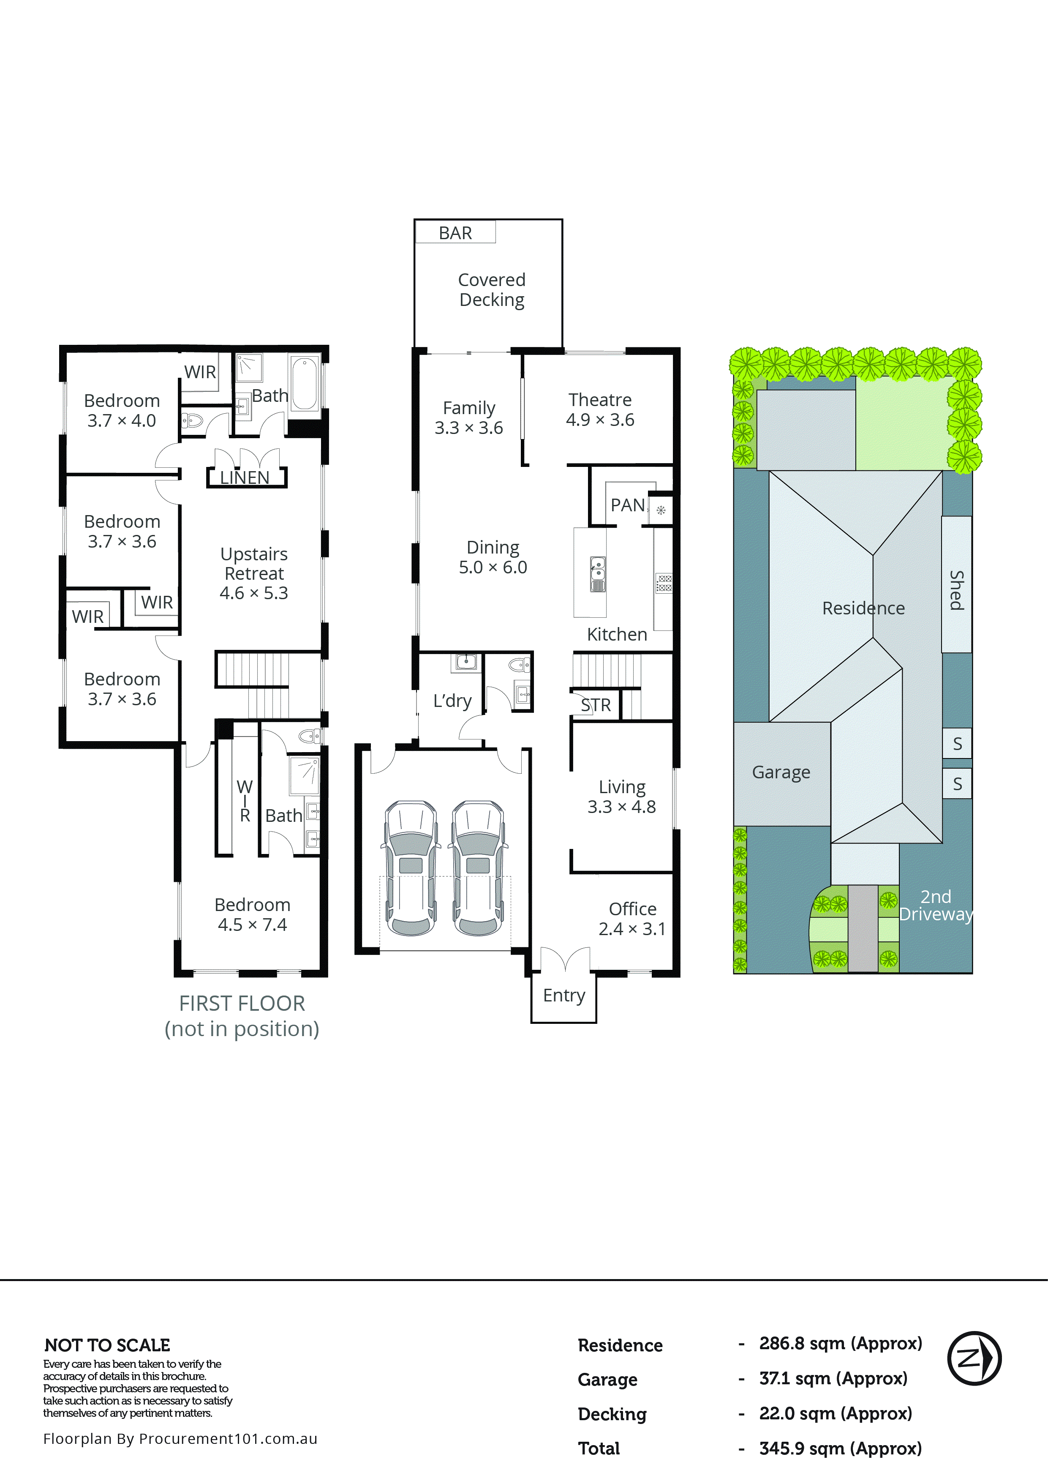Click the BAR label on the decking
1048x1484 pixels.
[x=455, y=233]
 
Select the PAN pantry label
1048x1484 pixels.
[x=627, y=505]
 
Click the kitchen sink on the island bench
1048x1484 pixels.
[x=598, y=574]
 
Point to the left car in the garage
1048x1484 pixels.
[x=411, y=868]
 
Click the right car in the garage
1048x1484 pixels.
[x=478, y=868]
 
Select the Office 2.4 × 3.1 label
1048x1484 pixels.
[x=632, y=919]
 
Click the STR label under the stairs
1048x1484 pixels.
[x=595, y=705]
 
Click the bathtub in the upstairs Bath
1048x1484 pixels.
[x=305, y=384]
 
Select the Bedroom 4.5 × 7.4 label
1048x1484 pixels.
[x=252, y=914]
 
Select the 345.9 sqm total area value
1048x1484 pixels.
[x=839, y=1449]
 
